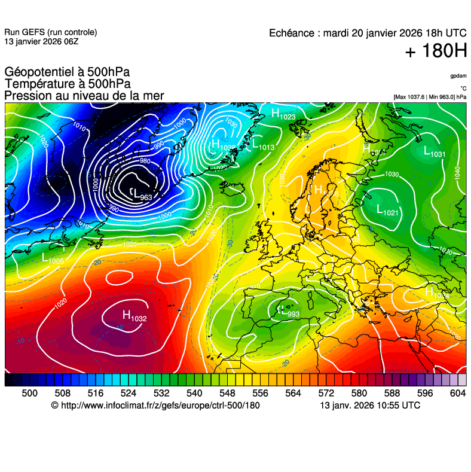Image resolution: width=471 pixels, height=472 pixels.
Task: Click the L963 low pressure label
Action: click(142, 194)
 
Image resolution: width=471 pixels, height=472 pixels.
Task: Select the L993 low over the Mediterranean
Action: click(289, 312)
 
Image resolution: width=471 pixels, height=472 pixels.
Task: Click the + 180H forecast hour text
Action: click(435, 52)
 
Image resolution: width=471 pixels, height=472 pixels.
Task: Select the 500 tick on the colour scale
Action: click(29, 392)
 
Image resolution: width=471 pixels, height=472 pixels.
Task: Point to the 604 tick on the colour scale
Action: click(457, 392)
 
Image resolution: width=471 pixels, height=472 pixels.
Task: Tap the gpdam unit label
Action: click(458, 77)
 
